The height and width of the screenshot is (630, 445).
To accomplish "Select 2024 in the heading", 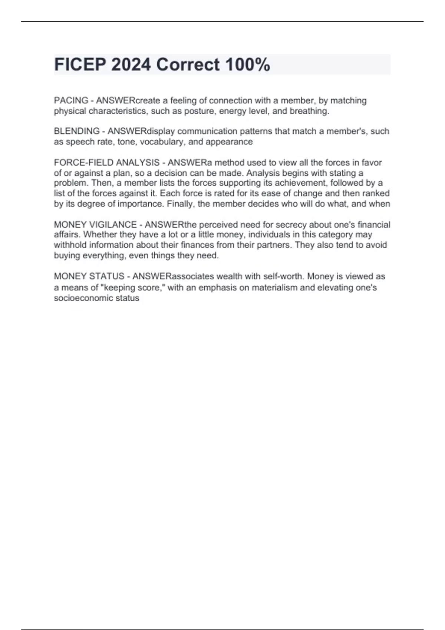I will click(x=131, y=65).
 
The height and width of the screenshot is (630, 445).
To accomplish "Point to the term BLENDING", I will click(x=77, y=131).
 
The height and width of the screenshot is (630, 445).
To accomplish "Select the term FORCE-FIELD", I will click(x=84, y=163).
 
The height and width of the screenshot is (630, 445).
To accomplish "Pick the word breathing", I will click(x=311, y=111).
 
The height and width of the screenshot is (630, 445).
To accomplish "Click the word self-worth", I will click(x=283, y=276).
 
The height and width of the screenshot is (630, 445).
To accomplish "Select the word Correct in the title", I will click(x=188, y=65).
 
